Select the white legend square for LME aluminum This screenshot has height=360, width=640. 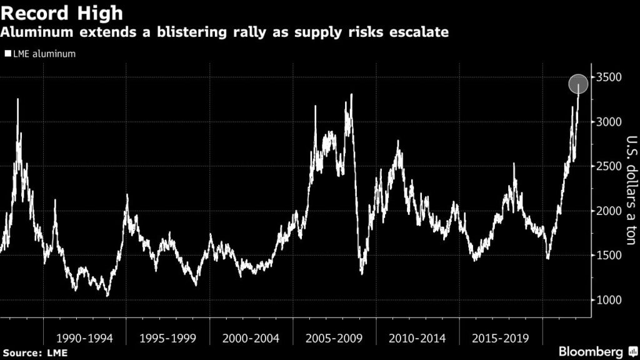[7, 54]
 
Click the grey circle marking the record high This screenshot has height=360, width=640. [578, 84]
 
